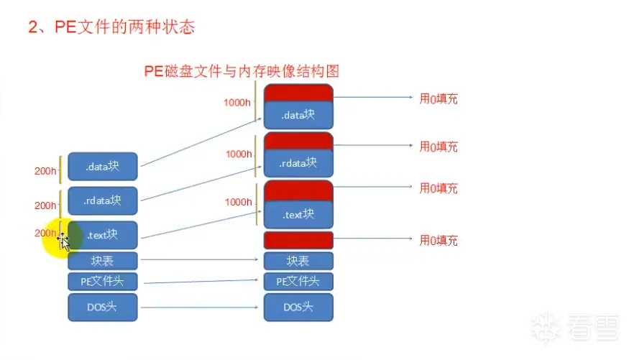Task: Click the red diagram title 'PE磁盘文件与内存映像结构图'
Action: point(242,70)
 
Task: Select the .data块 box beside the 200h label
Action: point(102,167)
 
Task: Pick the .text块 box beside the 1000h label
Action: point(298,214)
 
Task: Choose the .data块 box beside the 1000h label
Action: point(298,114)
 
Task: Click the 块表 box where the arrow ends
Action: point(298,261)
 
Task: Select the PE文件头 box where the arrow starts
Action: point(102,281)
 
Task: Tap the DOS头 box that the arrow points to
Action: point(298,307)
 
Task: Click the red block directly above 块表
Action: point(298,240)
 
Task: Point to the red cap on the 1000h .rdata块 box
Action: point(298,140)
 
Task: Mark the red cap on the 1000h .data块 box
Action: point(298,93)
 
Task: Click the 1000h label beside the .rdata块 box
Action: point(239,154)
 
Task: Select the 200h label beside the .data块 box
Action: point(45,171)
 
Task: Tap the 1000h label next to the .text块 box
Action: point(238,202)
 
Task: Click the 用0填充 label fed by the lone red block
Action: point(438,240)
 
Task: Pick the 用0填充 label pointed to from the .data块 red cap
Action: point(438,98)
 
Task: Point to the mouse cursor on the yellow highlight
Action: point(63,239)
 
